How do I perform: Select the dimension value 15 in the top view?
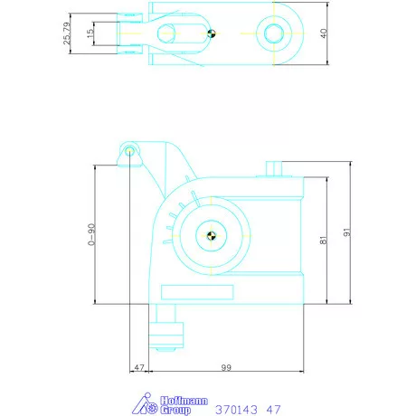click(90, 33)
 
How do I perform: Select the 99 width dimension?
click(226, 368)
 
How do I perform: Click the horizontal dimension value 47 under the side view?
click(139, 368)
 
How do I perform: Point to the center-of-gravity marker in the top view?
click(211, 34)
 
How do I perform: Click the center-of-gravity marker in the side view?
click(212, 237)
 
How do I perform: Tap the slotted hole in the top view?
click(165, 34)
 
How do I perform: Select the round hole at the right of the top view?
click(272, 34)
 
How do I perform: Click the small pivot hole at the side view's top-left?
click(130, 151)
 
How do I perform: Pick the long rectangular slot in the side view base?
click(199, 291)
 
